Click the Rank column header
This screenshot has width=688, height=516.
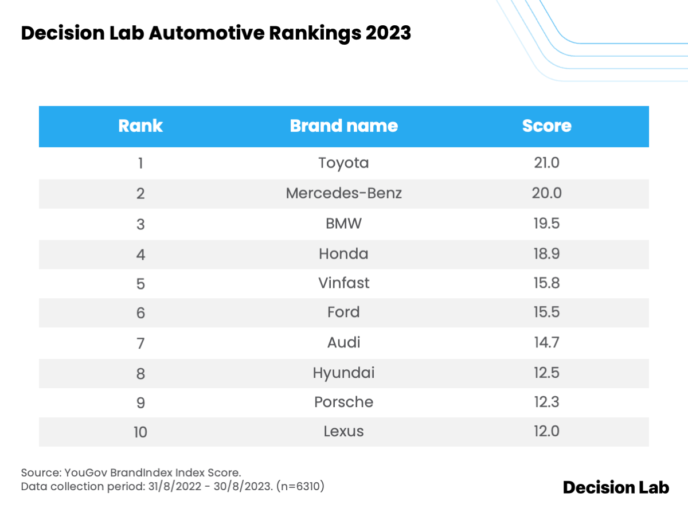(140, 126)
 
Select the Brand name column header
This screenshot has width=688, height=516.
(343, 126)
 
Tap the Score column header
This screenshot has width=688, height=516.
(546, 126)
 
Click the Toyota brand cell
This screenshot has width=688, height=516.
(343, 163)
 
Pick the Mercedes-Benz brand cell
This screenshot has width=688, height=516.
(343, 193)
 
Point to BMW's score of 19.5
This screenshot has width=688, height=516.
(546, 223)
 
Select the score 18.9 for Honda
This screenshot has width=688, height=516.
(546, 253)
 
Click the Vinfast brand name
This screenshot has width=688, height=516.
(343, 283)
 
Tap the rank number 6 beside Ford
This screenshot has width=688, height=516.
(140, 313)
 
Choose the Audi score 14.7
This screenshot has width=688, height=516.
(546, 343)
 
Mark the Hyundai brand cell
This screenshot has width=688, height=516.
(343, 373)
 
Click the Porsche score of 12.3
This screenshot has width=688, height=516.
(546, 402)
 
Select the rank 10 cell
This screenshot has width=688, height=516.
(140, 432)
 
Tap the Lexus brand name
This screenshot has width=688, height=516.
(343, 432)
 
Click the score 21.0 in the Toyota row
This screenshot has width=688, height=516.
(546, 163)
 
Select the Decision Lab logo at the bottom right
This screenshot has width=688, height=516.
(616, 488)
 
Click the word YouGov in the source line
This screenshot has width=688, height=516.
(81, 472)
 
